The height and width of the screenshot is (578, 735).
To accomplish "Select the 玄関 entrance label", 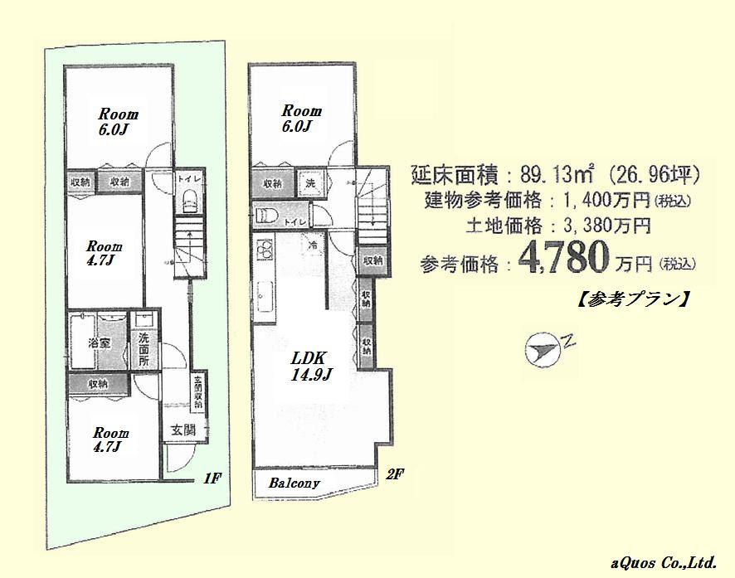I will click(183, 430).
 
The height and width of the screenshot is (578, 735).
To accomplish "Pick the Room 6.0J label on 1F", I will click(118, 122).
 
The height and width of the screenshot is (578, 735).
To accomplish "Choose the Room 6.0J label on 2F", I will click(300, 118).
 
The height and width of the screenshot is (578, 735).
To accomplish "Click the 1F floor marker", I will click(214, 479).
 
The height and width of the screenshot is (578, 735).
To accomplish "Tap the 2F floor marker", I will click(395, 474).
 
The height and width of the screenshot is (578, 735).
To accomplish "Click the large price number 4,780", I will click(563, 260).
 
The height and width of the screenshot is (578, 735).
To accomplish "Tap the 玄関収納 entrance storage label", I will click(198, 390).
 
